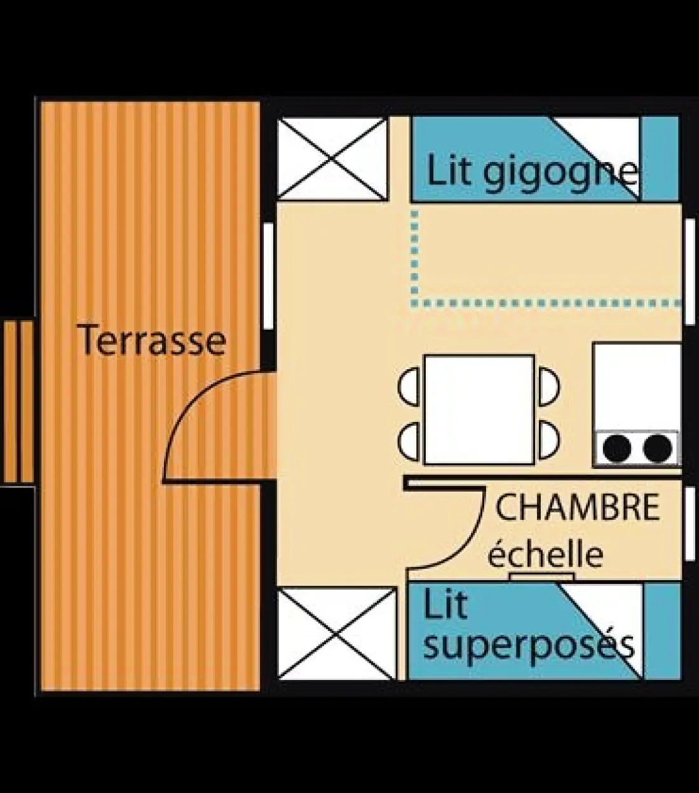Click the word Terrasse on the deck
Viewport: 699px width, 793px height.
[x=151, y=339]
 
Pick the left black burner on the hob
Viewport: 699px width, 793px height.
[x=617, y=448]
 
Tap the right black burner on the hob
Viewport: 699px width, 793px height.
[x=658, y=448]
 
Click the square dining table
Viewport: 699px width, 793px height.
[x=479, y=410]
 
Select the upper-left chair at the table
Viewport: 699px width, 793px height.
[x=409, y=387]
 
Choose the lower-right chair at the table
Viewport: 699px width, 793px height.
[x=550, y=441]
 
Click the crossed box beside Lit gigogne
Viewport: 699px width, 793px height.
[x=332, y=159]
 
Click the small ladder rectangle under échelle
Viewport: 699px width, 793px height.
[x=543, y=576]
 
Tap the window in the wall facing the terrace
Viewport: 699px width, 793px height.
[x=269, y=276]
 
